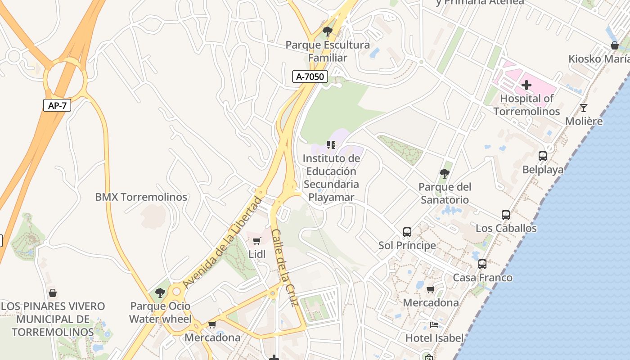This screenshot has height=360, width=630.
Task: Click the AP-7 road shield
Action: pyautogui.click(x=57, y=105)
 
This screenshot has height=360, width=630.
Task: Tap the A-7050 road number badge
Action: pyautogui.click(x=310, y=76)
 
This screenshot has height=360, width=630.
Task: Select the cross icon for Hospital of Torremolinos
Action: pyautogui.click(x=526, y=85)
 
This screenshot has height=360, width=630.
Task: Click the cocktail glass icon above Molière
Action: pyautogui.click(x=584, y=108)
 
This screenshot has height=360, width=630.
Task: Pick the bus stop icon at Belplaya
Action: pyautogui.click(x=543, y=156)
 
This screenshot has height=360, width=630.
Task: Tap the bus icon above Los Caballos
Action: pyautogui.click(x=506, y=215)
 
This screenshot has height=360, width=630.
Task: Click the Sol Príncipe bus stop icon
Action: pyautogui.click(x=407, y=232)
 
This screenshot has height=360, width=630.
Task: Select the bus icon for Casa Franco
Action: pyautogui.click(x=482, y=264)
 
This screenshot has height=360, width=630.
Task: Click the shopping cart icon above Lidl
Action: pyautogui.click(x=257, y=241)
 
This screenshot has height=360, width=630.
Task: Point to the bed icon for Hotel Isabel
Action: pyautogui.click(x=434, y=324)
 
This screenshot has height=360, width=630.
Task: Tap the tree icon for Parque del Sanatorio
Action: pyautogui.click(x=445, y=173)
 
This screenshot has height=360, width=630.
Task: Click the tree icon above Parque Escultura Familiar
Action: pyautogui.click(x=328, y=31)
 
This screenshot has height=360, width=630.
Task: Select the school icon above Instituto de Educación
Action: pyautogui.click(x=331, y=145)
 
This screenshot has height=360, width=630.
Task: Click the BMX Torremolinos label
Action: pyautogui.click(x=141, y=197)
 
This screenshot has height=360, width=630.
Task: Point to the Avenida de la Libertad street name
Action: pyautogui.click(x=222, y=243)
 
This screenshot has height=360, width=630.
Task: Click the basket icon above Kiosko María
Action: pyautogui.click(x=615, y=45)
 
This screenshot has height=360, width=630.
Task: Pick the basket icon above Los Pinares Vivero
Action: pyautogui.click(x=53, y=293)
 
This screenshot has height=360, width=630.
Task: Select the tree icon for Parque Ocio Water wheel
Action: pyautogui.click(x=160, y=293)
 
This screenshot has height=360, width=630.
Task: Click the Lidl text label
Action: pyautogui.click(x=257, y=254)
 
